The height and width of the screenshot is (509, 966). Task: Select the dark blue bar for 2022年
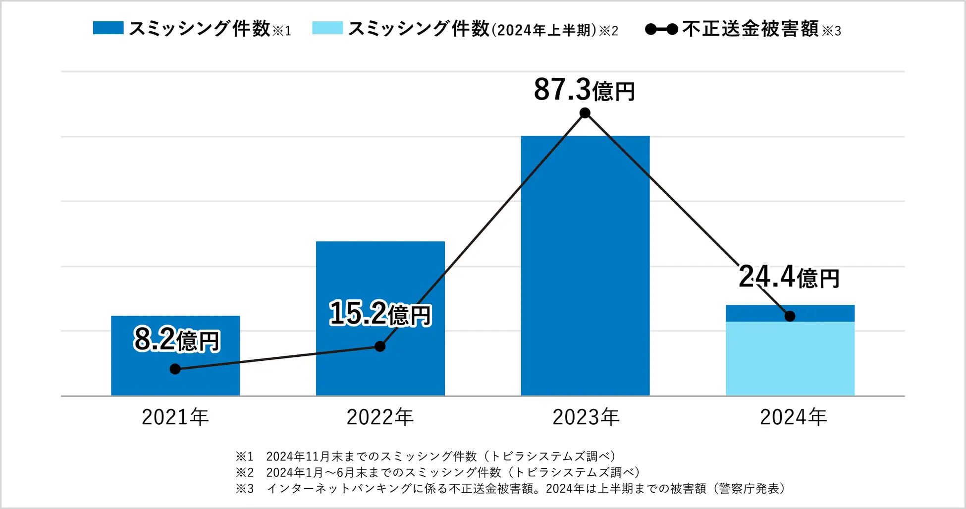pos(380,278)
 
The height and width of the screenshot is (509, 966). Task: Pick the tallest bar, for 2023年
pos(585,268)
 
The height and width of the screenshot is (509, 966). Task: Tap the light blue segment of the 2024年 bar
pos(790,359)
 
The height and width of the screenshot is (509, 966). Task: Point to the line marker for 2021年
pos(175,369)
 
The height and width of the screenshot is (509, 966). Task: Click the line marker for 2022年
pos(380,346)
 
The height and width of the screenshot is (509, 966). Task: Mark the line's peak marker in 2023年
pos(585,113)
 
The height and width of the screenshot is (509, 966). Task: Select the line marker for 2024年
pos(790,316)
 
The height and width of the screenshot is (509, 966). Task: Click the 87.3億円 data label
pos(585,90)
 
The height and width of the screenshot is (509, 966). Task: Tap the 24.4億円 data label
pos(789,277)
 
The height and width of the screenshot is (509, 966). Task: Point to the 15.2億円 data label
pos(380,314)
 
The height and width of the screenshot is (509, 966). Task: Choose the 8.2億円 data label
pos(176,340)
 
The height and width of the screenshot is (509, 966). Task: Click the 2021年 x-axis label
pos(175,417)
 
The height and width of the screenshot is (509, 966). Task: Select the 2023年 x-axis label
pos(586,417)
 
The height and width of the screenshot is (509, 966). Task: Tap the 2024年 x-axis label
pos(793,417)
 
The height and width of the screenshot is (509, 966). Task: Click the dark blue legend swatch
pos(108,28)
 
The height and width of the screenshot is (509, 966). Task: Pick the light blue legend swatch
pos(327,28)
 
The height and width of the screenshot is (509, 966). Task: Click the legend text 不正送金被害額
pos(750,29)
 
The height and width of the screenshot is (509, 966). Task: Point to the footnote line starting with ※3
pos(510,489)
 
